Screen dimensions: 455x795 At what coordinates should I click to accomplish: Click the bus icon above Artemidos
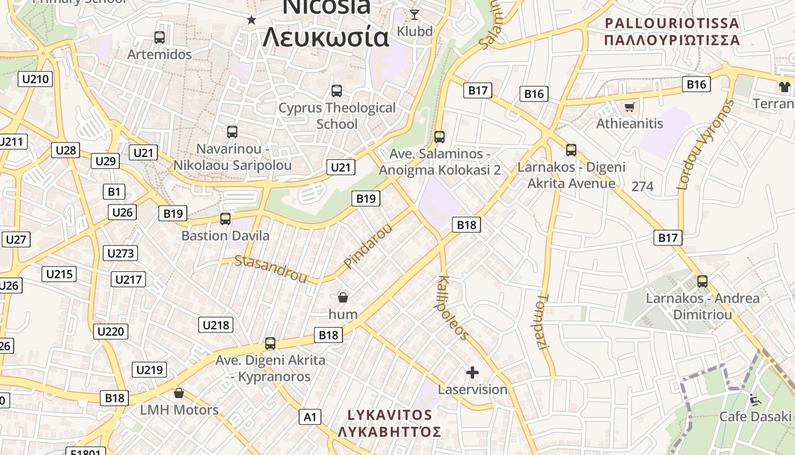click(x=160, y=38)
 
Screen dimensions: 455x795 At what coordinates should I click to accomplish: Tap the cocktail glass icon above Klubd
click(x=415, y=15)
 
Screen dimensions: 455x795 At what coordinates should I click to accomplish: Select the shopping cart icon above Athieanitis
click(x=629, y=107)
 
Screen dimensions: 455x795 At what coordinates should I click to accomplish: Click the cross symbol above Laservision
click(x=472, y=373)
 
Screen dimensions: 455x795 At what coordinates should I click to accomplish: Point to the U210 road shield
click(x=35, y=79)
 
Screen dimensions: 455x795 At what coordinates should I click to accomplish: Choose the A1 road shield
click(x=310, y=417)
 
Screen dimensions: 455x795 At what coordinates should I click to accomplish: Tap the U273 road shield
click(x=120, y=253)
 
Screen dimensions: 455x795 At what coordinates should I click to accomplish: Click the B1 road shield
click(x=114, y=192)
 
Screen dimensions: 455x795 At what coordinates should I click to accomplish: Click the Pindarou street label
click(x=368, y=246)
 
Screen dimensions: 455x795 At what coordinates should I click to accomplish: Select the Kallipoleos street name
click(x=453, y=308)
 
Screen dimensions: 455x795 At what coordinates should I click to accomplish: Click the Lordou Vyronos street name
click(x=705, y=144)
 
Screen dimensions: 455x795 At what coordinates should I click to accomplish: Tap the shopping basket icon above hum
click(x=343, y=297)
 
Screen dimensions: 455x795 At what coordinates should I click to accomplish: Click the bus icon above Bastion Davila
click(x=225, y=219)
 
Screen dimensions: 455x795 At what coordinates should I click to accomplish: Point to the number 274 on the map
click(x=642, y=187)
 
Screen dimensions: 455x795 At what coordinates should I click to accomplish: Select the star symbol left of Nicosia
click(x=251, y=20)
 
